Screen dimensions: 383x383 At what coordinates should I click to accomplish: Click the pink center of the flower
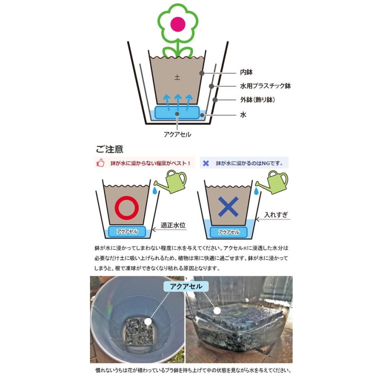178,24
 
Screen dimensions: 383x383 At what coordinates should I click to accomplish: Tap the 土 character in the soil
177,77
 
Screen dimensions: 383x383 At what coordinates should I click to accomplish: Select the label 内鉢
246,72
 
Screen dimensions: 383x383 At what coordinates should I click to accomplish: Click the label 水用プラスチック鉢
265,86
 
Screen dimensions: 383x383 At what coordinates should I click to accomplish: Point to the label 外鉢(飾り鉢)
257,100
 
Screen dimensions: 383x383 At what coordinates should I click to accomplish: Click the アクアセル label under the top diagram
178,134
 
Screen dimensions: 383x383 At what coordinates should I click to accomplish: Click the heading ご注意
110,149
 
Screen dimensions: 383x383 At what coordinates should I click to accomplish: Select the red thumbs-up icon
100,163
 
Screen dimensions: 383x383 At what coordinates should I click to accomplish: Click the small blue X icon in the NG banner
206,163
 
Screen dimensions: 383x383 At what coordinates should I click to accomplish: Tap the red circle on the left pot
127,208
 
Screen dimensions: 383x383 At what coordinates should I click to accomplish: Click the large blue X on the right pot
228,207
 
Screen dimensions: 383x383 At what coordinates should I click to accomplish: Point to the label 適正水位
173,225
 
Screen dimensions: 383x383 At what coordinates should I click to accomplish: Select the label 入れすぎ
276,215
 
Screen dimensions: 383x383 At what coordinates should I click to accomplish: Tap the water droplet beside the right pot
256,191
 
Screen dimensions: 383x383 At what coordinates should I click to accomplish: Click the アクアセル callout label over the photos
186,286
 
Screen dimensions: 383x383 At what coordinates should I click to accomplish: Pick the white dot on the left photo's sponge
148,321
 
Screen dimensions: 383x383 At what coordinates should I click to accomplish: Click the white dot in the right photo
217,311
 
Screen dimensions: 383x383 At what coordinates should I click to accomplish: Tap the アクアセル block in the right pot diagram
229,232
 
